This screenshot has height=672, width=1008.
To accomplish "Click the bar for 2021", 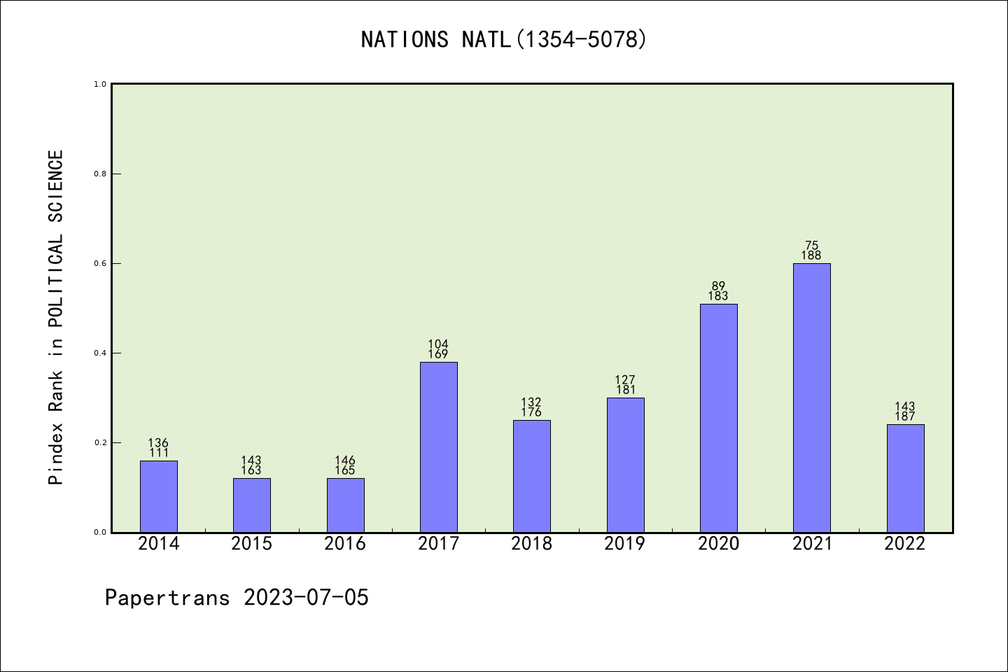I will point(811,398).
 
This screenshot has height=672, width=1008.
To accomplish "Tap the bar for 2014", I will point(158,496).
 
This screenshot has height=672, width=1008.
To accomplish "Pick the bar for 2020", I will point(718,418).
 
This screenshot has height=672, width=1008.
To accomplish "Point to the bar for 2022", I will point(905,478).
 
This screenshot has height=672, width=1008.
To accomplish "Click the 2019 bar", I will point(625,465).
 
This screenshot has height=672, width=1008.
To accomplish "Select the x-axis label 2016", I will point(345,544).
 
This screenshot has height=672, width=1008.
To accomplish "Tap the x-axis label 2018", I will point(531,544).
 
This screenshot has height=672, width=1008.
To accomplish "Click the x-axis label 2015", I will point(251,544).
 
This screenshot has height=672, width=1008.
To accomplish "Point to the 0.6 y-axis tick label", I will point(100,263).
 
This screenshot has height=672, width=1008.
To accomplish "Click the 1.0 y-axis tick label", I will point(100,84).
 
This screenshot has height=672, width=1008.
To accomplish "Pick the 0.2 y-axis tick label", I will point(100,442).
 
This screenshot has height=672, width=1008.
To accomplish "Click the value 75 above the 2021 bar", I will point(811,246).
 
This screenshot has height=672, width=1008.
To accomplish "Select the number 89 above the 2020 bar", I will point(718,286).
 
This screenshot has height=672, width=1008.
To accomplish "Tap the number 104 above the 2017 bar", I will point(438,344).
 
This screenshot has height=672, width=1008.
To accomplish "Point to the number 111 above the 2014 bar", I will point(158,453).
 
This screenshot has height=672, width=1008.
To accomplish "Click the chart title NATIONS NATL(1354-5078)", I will point(503,40).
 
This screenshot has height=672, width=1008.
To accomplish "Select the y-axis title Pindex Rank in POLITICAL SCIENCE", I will point(56,316).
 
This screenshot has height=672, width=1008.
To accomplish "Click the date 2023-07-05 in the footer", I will point(306,598).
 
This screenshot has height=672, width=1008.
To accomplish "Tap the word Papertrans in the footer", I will point(167,598).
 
